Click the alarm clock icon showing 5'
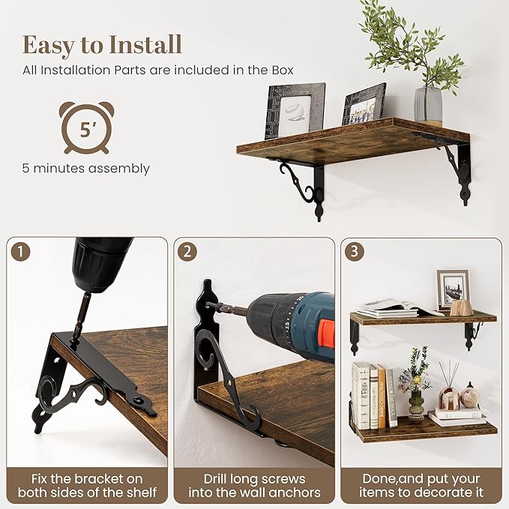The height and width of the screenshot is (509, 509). [86, 127]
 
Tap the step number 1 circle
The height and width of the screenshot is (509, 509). [20, 252]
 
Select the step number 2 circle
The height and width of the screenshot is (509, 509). [187, 252]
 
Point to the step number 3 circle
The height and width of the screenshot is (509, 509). [355, 251]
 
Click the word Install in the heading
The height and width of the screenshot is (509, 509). [145, 44]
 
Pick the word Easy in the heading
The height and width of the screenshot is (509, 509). [49, 46]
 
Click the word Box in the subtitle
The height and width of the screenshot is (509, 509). [283, 70]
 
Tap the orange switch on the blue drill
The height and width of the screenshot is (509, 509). [326, 332]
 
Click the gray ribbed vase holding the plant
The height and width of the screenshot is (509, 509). [428, 106]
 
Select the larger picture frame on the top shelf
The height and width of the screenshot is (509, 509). [295, 110]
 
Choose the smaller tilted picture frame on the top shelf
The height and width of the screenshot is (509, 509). [364, 104]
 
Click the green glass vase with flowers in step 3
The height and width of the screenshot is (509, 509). [416, 405]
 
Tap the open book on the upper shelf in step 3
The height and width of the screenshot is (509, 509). [400, 308]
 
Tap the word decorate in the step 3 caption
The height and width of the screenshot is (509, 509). [446, 493]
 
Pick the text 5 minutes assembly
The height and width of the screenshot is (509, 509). [86, 169]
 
